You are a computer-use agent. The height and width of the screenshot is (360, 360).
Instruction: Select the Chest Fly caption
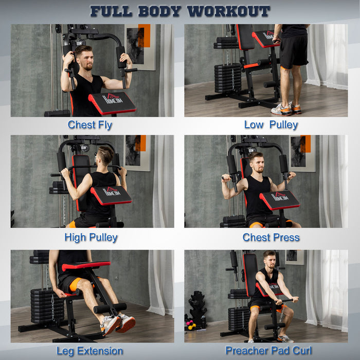click(90, 125)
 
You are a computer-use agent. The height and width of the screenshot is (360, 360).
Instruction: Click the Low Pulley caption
click(271, 125)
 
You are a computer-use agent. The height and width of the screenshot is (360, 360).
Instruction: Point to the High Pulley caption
click(91, 238)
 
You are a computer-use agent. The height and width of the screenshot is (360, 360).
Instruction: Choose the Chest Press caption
click(271, 238)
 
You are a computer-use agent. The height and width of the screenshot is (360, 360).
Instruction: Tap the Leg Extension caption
click(90, 351)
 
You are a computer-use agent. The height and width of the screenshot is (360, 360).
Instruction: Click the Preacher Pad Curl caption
click(268, 351)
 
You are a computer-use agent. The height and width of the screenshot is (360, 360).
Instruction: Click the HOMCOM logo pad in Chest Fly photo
click(112, 103)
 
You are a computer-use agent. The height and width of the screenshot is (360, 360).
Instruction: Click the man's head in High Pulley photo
click(106, 155)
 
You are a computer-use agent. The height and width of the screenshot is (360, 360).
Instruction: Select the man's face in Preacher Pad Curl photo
click(269, 262)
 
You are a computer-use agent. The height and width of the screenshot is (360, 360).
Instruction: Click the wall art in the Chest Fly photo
click(140, 46)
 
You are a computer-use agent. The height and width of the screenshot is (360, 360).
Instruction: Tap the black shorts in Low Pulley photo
click(293, 51)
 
